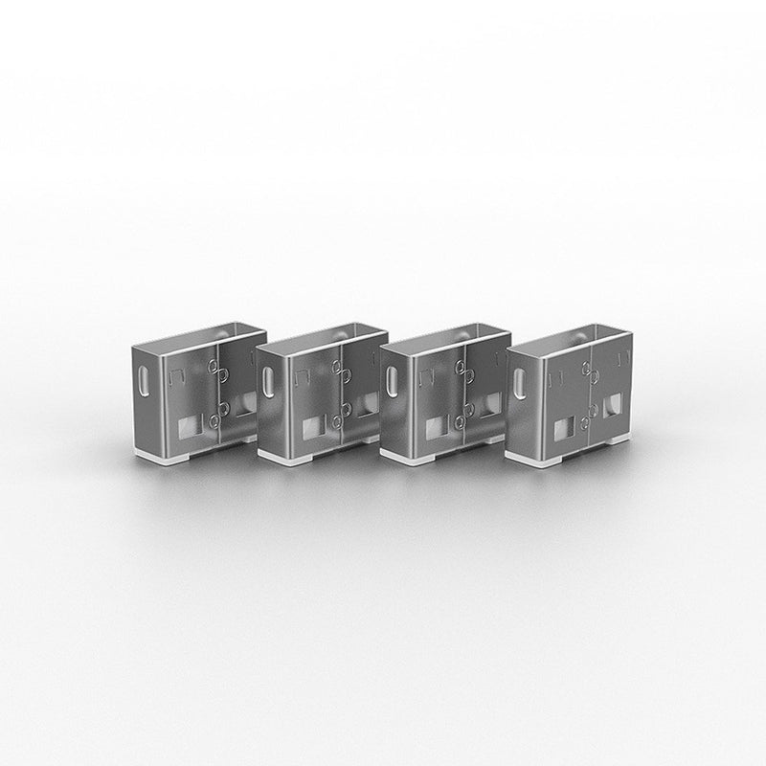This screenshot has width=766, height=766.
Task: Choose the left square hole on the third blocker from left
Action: (x=436, y=425)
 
